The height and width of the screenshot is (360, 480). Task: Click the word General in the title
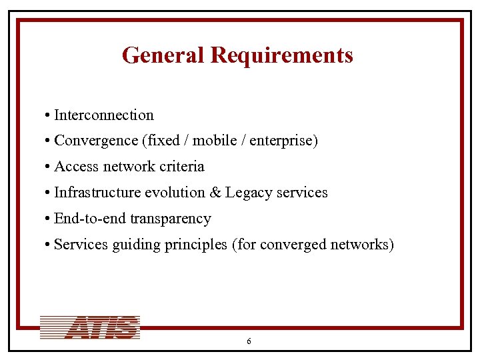click(163, 55)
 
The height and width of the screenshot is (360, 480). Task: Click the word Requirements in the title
click(281, 56)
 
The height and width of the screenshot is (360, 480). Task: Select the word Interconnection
click(103, 115)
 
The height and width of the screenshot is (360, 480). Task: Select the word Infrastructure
click(97, 193)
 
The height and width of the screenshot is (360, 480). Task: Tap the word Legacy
click(249, 193)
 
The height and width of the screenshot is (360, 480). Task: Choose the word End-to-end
click(89, 219)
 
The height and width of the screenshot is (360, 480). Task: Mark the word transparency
click(171, 219)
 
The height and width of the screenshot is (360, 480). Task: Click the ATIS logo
click(90, 327)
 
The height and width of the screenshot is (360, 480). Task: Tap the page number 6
click(249, 341)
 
